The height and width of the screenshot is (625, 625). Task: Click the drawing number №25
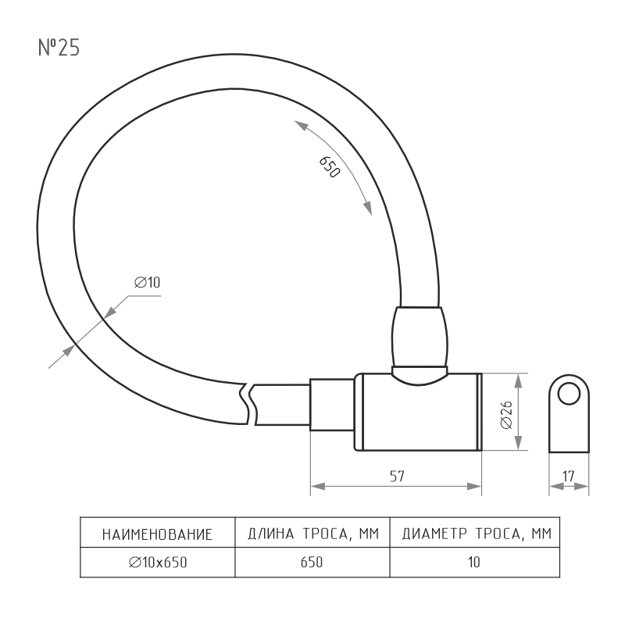point(59,48)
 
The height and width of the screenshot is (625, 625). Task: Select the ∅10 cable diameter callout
point(147,283)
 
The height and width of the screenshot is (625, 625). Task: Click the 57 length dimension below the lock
point(397,477)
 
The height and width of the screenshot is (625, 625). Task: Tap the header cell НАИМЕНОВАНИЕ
point(157,534)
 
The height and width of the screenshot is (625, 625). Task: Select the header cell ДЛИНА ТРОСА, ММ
point(312,534)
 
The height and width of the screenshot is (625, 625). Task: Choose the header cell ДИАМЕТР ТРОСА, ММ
point(477,534)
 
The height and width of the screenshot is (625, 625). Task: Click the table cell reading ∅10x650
point(157,562)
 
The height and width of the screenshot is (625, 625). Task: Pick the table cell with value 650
point(312,562)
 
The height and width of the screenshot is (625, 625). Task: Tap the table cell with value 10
point(477,562)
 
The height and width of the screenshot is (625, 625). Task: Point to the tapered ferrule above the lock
point(420,337)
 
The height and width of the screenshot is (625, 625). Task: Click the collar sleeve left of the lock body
point(332,405)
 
